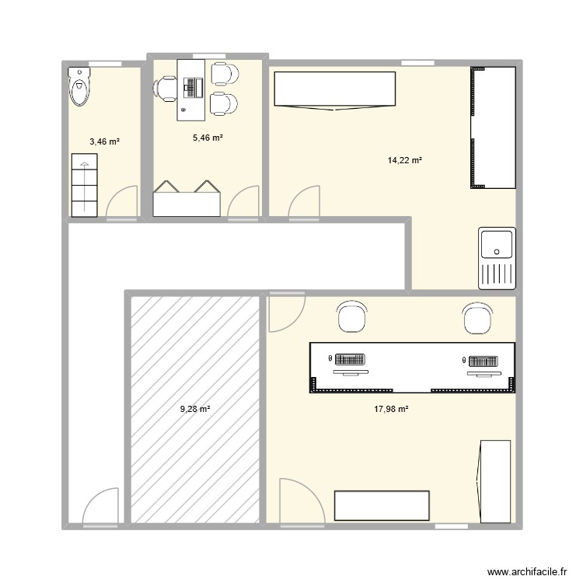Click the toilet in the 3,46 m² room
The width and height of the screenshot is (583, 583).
(x=79, y=86)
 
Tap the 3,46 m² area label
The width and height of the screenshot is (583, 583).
(x=104, y=141)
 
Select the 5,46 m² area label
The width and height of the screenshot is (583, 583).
(x=208, y=138)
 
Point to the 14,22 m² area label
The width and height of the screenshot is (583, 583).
(x=404, y=161)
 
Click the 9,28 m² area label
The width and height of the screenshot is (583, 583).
(x=195, y=409)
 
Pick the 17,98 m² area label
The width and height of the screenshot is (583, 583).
(x=393, y=409)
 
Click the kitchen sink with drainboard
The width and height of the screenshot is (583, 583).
(x=497, y=257)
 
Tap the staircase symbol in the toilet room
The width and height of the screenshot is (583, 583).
(x=83, y=185)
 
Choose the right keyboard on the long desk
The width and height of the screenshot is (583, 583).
(x=483, y=361)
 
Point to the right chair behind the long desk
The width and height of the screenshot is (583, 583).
(x=477, y=318)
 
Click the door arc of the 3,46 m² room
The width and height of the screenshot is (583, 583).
(x=120, y=204)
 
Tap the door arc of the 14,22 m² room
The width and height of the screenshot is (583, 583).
(x=303, y=202)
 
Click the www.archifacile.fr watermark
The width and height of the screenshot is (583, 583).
(x=525, y=572)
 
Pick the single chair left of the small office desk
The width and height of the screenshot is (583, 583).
(x=166, y=88)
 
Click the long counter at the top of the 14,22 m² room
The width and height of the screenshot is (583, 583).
(x=335, y=89)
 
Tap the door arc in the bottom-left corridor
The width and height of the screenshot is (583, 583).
(x=99, y=508)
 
